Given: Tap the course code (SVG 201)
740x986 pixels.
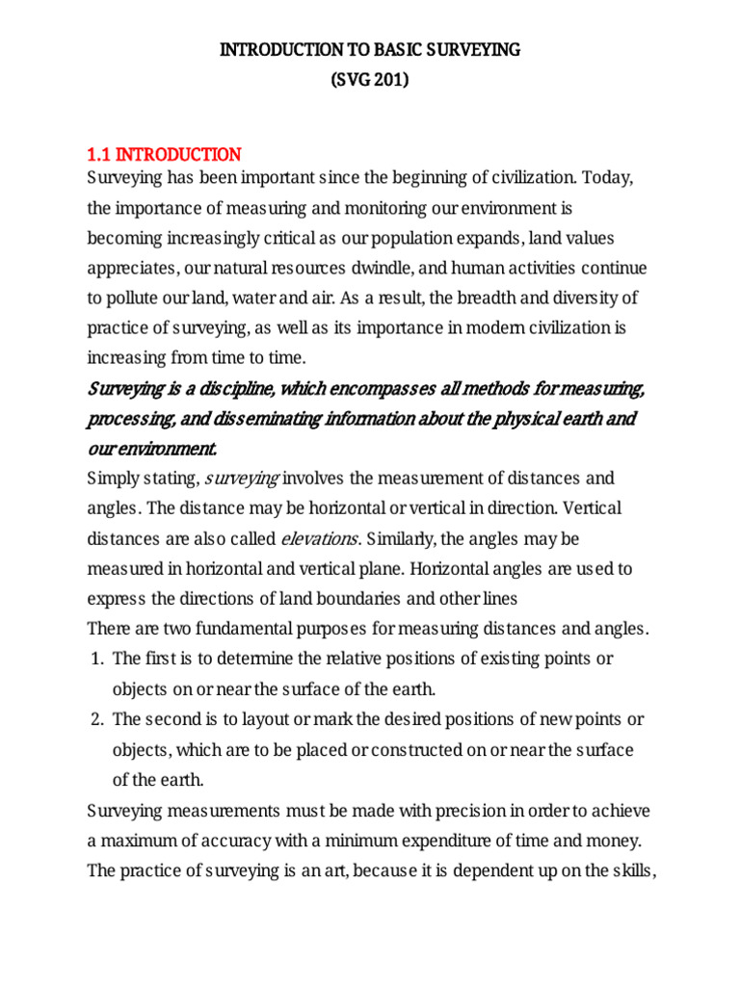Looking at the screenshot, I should [x=370, y=81].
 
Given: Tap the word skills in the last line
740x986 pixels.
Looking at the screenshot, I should [x=630, y=870].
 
